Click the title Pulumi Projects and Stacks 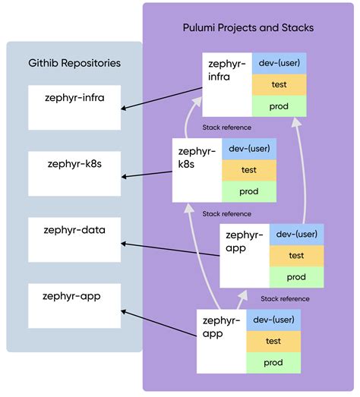(248, 27)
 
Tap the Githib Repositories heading (74, 63)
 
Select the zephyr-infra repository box (74, 107)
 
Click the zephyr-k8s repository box (74, 172)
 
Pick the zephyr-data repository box (74, 239)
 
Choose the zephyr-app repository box (74, 305)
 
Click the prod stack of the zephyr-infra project (279, 106)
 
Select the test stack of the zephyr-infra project (279, 85)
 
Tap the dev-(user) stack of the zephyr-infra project (279, 65)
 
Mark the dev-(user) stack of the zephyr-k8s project (249, 150)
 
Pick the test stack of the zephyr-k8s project (249, 170)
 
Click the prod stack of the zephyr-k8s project (249, 191)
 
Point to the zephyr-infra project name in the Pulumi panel (226, 72)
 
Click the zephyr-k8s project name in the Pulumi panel (196, 158)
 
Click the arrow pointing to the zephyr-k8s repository (147, 175)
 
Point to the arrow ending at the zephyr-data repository (171, 251)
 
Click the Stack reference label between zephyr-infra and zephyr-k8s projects (226, 128)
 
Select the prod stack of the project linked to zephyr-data (296, 277)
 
